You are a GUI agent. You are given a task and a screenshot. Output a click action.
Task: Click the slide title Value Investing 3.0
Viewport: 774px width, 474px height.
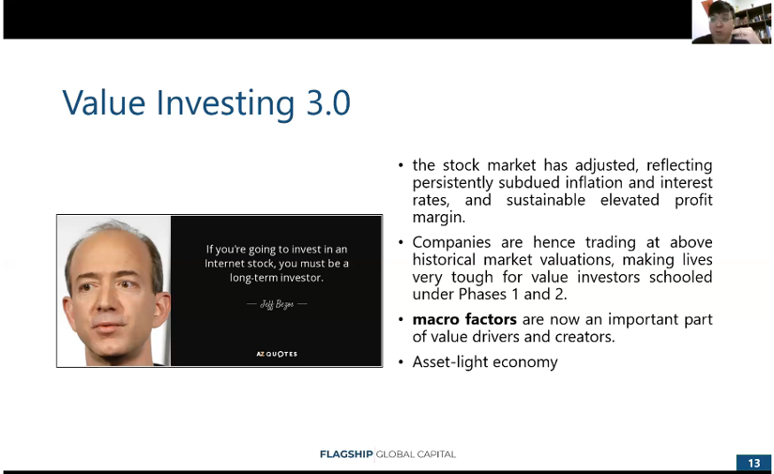click(206, 102)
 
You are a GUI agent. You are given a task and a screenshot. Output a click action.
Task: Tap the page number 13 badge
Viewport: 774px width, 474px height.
click(753, 463)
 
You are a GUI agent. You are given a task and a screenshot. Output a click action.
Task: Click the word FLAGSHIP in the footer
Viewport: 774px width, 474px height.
click(345, 454)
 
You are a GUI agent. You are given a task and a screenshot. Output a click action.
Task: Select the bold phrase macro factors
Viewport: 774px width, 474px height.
click(464, 319)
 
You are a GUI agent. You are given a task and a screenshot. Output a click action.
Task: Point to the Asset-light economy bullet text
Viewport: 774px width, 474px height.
click(485, 361)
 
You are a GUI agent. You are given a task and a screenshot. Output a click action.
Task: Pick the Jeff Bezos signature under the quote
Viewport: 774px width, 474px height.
click(277, 304)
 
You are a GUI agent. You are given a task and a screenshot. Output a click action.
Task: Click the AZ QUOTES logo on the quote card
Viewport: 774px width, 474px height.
click(277, 354)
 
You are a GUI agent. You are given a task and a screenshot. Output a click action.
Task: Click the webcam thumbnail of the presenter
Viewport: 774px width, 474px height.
click(731, 22)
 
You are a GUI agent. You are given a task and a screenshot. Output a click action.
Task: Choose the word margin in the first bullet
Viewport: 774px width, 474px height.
click(438, 217)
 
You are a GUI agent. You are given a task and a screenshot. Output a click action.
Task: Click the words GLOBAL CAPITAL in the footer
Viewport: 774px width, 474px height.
click(416, 454)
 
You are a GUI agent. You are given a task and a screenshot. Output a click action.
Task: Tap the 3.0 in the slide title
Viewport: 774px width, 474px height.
click(328, 102)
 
